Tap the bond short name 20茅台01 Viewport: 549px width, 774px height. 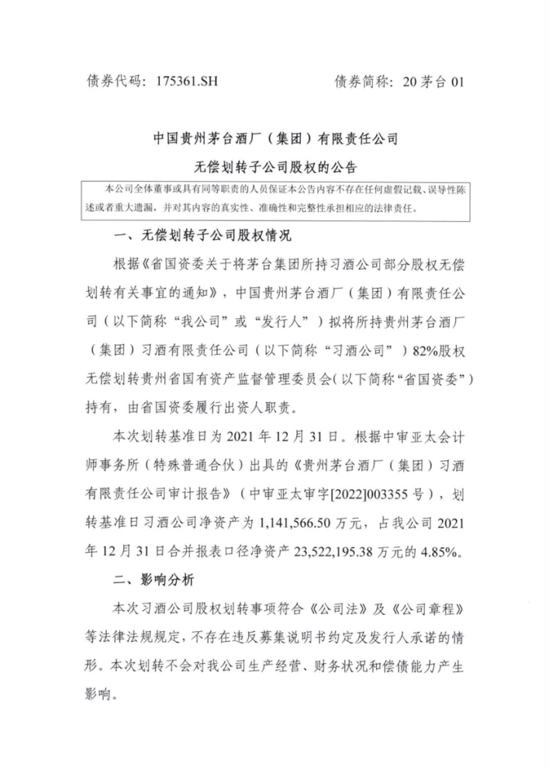(x=430, y=81)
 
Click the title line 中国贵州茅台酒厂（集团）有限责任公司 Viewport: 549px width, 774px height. (x=274, y=141)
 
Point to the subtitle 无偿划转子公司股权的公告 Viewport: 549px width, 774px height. (x=274, y=168)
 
